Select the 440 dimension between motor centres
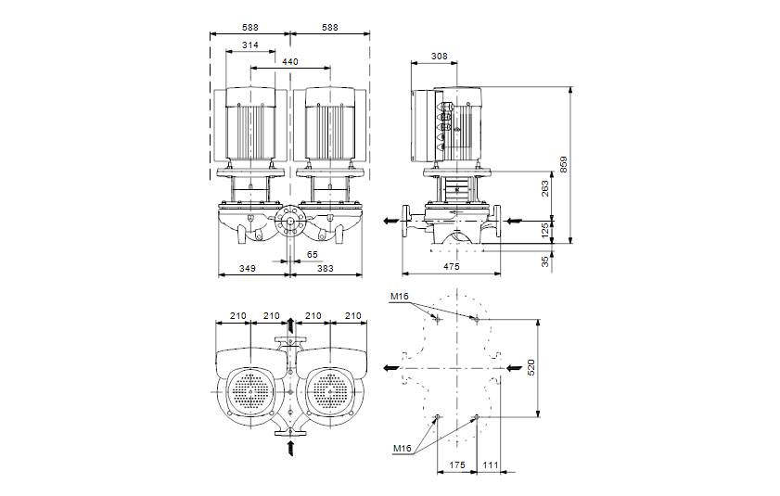[290, 61]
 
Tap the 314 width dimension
[249, 45]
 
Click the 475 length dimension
[451, 267]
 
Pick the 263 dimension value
[545, 187]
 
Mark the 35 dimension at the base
[545, 261]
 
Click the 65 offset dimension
[312, 253]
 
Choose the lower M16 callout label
[402, 449]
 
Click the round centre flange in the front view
[290, 223]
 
